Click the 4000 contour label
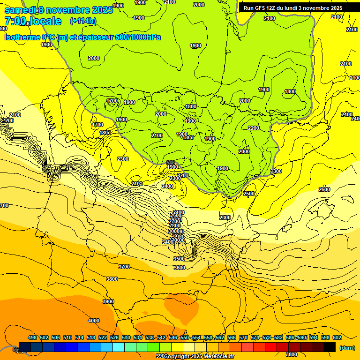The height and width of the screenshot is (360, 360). [94, 321]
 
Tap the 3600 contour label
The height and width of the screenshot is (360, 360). [180, 268]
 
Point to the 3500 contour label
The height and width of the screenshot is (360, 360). [179, 259]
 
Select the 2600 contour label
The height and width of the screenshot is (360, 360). [324, 189]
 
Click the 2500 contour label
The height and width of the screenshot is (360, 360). [249, 194]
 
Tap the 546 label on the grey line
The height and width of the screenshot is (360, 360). [171, 163]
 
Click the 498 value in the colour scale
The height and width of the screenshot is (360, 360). [32, 338]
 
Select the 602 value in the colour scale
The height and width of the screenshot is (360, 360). [337, 338]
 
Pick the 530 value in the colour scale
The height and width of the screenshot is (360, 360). [126, 338]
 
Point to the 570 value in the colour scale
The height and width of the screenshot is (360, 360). [243, 338]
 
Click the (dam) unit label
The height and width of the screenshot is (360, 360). [347, 348]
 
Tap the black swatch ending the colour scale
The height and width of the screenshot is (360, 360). [330, 347]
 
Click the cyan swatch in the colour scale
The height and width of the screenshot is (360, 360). [119, 347]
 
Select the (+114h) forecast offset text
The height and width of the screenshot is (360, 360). [82, 21]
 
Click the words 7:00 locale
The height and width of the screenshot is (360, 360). [33, 21]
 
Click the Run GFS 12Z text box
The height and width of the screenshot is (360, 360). [293, 8]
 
